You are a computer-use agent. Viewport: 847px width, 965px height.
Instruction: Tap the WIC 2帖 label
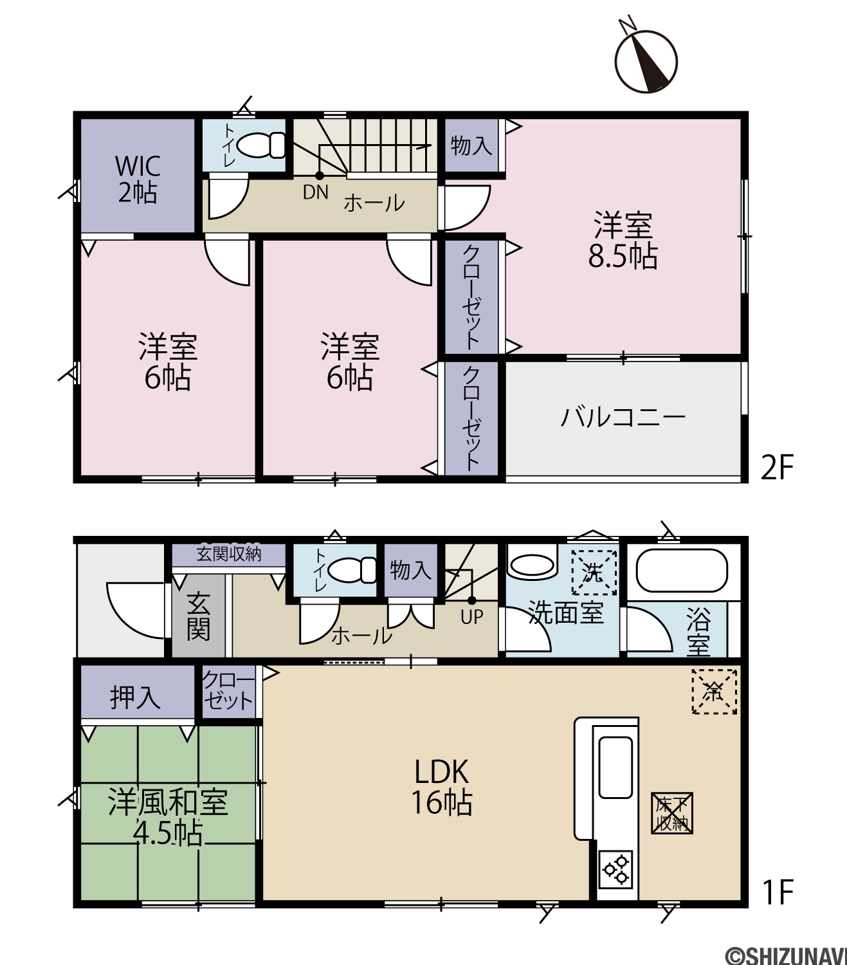137,179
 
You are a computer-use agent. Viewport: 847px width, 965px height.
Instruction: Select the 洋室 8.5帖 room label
623,241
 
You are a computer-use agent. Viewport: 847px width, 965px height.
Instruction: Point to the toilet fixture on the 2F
261,144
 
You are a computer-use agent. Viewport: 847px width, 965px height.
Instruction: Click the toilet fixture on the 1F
352,569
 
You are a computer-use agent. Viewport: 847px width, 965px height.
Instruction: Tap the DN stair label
316,192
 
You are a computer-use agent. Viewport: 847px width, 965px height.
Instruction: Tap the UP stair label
472,618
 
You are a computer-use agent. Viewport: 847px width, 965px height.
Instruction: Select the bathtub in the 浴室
682,571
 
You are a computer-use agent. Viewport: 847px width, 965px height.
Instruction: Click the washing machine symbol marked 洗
594,573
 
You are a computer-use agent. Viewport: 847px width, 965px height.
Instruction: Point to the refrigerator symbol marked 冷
714,692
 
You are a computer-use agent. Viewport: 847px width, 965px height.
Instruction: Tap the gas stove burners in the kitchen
617,868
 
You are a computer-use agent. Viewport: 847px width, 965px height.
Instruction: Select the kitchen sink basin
615,767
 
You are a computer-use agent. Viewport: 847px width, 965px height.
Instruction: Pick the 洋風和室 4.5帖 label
168,817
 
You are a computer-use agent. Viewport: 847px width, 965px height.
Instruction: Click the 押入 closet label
135,697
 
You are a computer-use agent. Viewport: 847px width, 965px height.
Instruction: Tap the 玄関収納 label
229,554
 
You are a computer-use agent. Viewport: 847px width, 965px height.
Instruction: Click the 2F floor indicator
777,468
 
